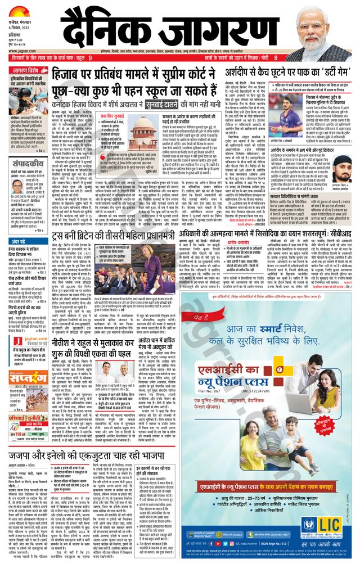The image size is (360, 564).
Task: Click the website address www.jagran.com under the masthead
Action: (22, 51)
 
